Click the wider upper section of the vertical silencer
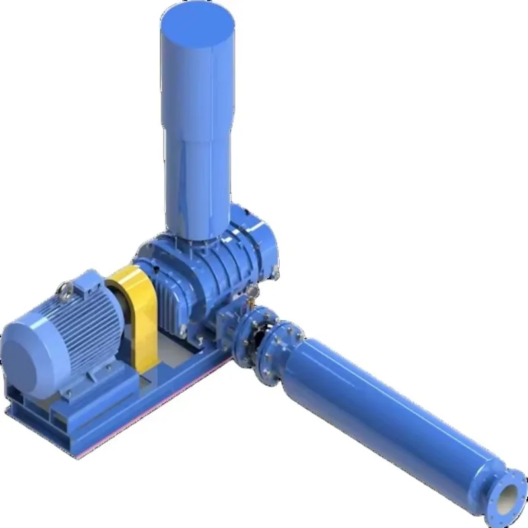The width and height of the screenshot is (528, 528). [x=198, y=79]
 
